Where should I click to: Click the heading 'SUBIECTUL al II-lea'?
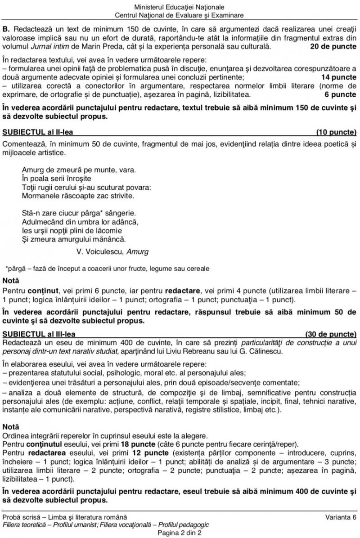(x=37, y=133)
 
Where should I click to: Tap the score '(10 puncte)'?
(x=336, y=133)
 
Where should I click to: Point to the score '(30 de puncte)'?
(x=331, y=334)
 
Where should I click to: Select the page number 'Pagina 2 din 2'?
(x=180, y=533)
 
